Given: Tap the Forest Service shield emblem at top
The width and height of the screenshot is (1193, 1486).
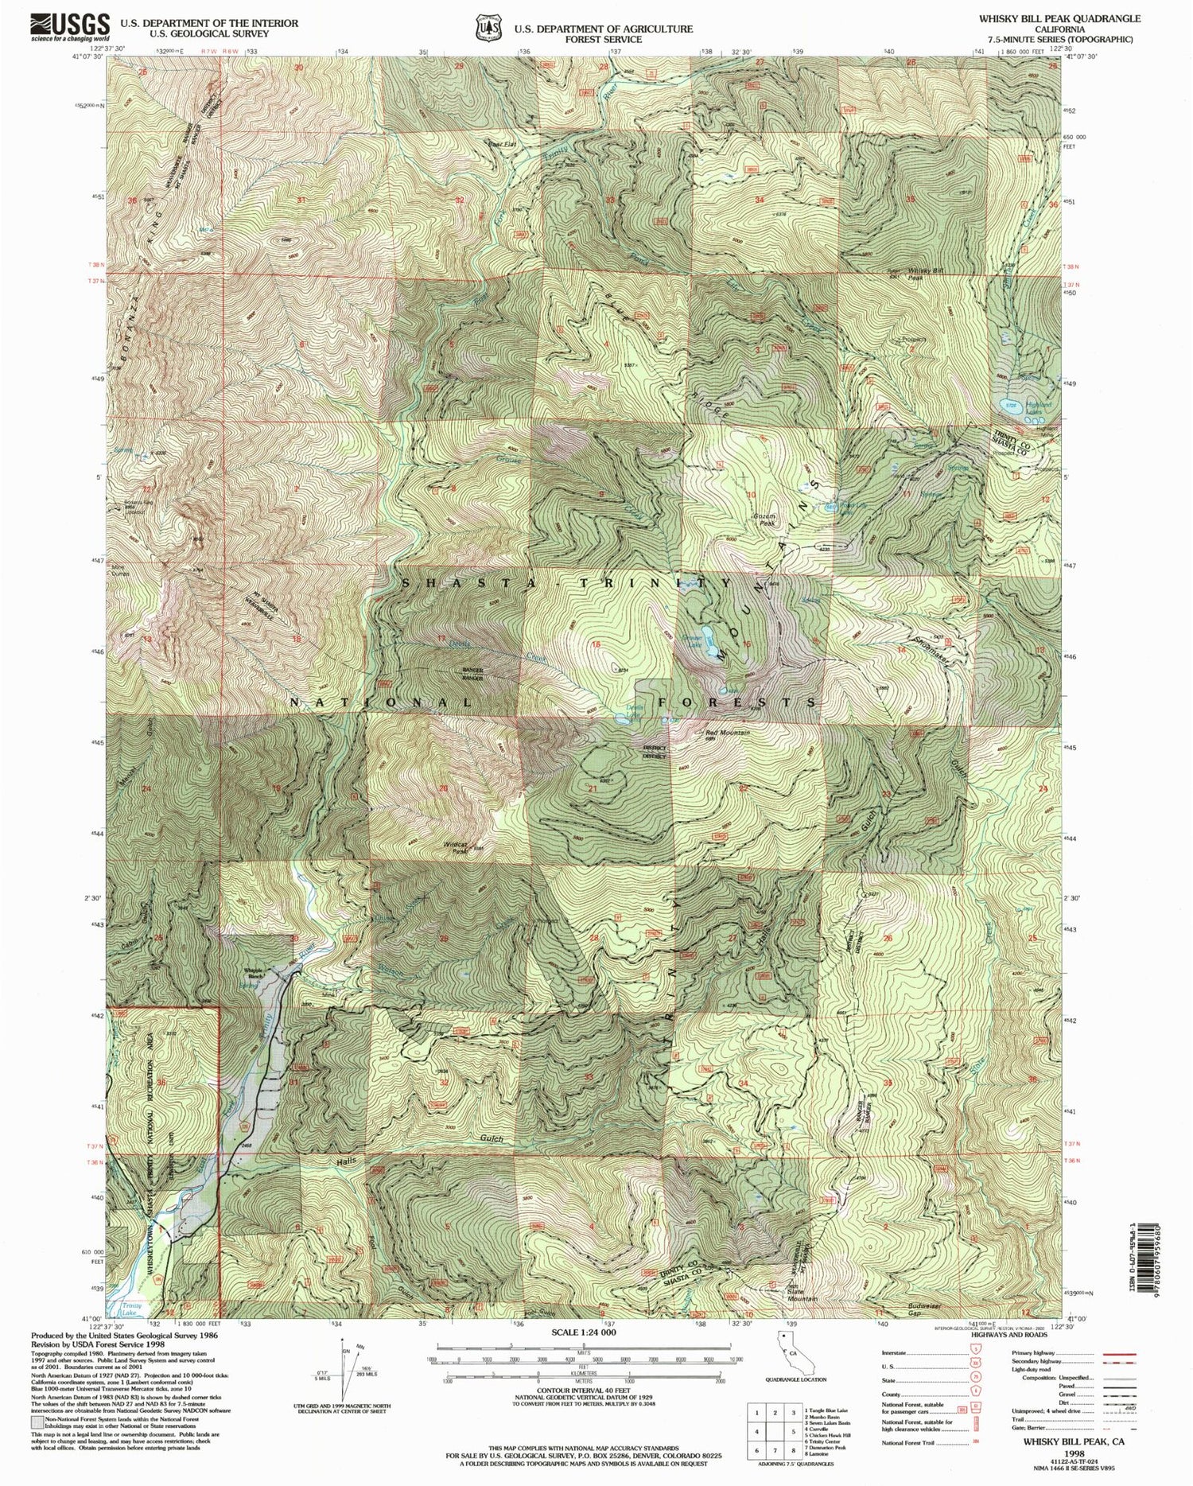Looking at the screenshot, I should pos(485,28).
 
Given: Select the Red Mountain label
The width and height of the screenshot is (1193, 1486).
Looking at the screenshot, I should pos(728,733).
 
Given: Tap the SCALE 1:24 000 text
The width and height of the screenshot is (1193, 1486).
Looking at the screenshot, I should pos(584,1332).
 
